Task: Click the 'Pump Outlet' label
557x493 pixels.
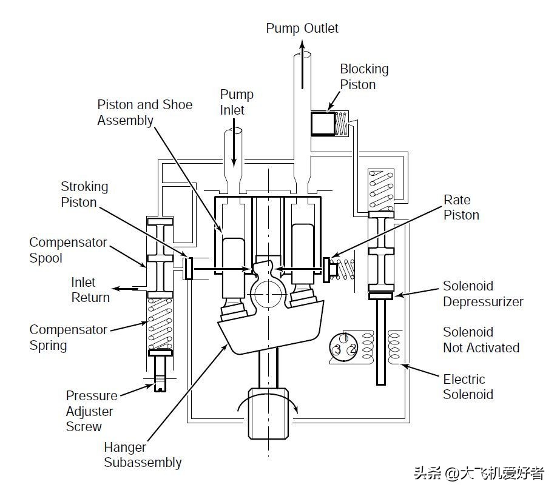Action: (x=302, y=29)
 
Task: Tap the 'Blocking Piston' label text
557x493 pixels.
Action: (x=364, y=76)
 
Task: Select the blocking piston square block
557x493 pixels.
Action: (x=323, y=124)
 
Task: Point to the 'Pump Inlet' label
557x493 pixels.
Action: (x=237, y=102)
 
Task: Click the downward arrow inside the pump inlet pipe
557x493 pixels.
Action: (x=234, y=143)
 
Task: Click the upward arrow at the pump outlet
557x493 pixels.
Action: (x=302, y=64)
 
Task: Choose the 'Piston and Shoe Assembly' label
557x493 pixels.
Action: (x=145, y=113)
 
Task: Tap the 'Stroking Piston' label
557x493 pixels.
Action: (x=84, y=194)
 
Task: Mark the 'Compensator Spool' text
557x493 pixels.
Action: (x=68, y=250)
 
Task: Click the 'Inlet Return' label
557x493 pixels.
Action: (x=90, y=290)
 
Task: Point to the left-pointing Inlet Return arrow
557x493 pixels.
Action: (x=126, y=289)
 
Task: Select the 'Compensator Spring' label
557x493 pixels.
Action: (x=68, y=337)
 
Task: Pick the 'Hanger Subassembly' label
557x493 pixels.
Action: (x=143, y=455)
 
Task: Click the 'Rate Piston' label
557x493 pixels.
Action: (x=462, y=207)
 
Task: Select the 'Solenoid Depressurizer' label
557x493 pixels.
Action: (x=483, y=294)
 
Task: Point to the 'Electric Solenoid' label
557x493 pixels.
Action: (x=468, y=387)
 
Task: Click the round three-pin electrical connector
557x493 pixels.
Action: (x=343, y=348)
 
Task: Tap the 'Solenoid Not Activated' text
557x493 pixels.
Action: (x=481, y=340)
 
